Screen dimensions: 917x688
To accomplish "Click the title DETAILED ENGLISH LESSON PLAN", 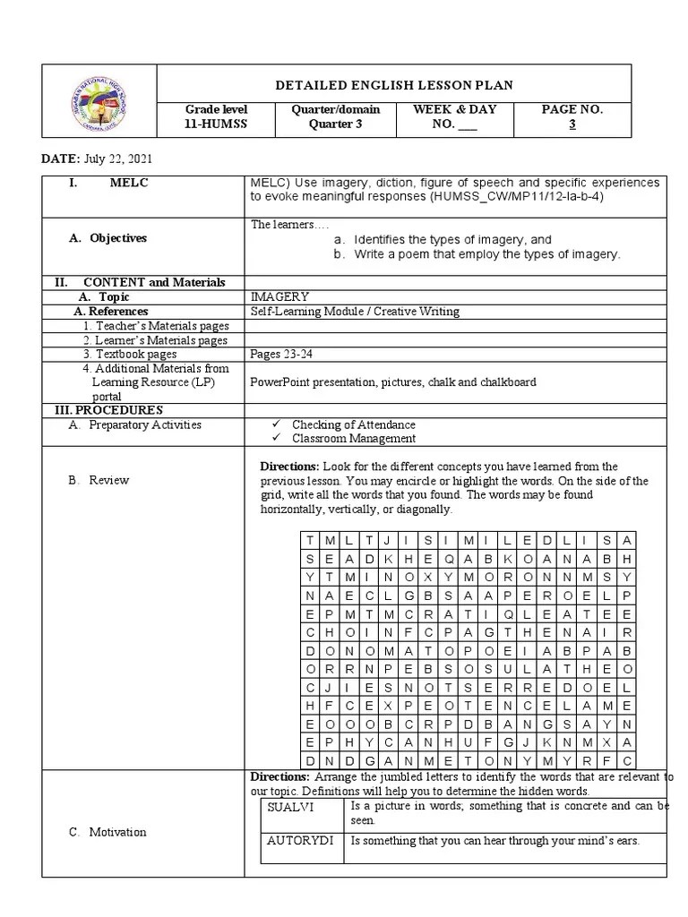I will (393, 85).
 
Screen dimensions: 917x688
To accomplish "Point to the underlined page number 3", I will (572, 124).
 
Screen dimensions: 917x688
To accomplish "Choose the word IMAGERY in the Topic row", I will (280, 296).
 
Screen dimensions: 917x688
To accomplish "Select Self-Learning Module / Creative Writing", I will (355, 311).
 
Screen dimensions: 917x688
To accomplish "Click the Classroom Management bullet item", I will (353, 438).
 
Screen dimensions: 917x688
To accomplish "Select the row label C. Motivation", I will (107, 832).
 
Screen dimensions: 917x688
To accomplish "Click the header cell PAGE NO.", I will (572, 109).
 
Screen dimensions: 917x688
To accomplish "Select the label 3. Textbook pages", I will (130, 354).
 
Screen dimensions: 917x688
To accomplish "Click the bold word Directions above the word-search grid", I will (288, 467).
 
